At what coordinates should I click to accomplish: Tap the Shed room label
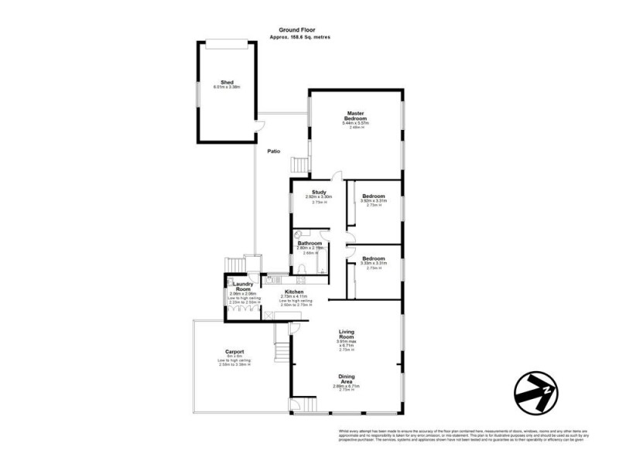[x=227, y=81]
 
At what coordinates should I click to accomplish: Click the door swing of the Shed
[x=261, y=125]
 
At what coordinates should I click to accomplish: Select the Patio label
[x=274, y=152]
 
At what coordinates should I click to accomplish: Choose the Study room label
[x=319, y=192]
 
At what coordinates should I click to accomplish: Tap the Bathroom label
[x=310, y=243]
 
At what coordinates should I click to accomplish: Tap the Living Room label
[x=345, y=335]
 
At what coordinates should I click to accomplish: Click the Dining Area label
[x=346, y=379]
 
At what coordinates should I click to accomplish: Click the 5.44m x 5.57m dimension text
[x=356, y=123]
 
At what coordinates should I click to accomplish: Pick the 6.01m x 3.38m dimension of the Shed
[x=227, y=87]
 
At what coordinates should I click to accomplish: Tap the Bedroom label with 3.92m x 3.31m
[x=374, y=196]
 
